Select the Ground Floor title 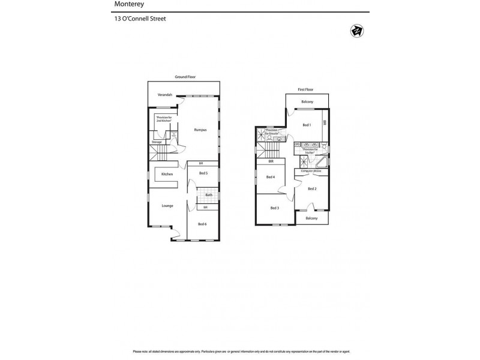point(185,77)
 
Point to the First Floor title point(306,89)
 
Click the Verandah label point(165,95)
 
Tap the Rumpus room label point(200,130)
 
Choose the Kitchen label point(167,174)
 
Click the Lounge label point(167,206)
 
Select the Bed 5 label point(203,173)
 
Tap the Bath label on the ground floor point(208,195)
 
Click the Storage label point(157,142)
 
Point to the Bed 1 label point(307,125)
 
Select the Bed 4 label point(271,177)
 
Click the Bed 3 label point(275,208)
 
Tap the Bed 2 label point(312,189)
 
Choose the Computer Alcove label point(311,171)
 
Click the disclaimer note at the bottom point(240,352)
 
